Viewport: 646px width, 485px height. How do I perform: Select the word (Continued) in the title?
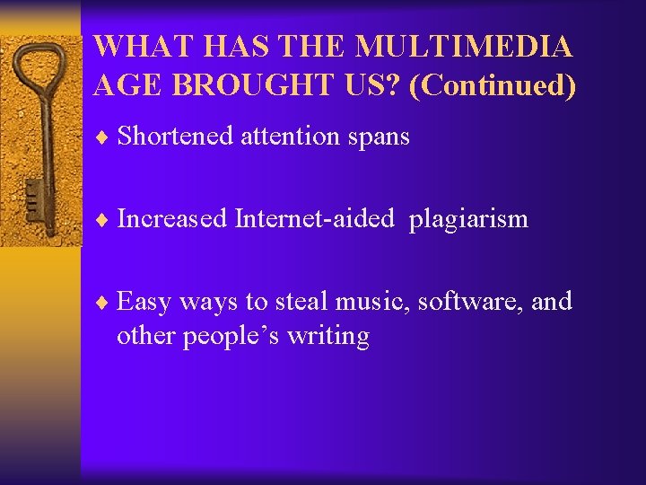[x=492, y=86]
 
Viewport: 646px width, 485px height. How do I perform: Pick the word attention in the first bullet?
[x=289, y=137]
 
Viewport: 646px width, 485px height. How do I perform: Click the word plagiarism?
[x=468, y=220]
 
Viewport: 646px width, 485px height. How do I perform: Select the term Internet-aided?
[x=314, y=218]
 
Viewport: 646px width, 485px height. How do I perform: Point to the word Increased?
[x=172, y=218]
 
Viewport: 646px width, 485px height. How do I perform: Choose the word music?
[x=376, y=302]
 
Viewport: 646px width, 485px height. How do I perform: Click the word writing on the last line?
[x=328, y=338]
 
